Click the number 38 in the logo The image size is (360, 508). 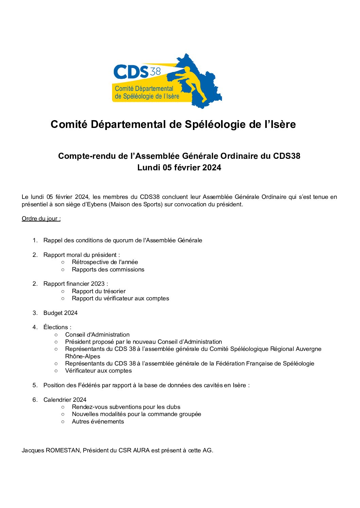click(155, 71)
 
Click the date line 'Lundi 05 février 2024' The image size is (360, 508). click(179, 168)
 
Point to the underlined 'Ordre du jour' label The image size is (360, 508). click(41, 219)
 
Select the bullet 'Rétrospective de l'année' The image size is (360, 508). click(105, 262)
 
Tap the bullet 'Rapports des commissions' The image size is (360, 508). click(108, 269)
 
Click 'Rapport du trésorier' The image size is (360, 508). click(98, 291)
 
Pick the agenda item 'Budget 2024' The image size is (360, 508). click(60, 313)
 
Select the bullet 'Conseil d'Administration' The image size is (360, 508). click(97, 335)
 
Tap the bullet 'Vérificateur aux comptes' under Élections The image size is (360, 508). click(98, 371)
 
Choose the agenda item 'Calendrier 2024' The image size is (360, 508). click(65, 400)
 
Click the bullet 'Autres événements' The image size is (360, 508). click(98, 421)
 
